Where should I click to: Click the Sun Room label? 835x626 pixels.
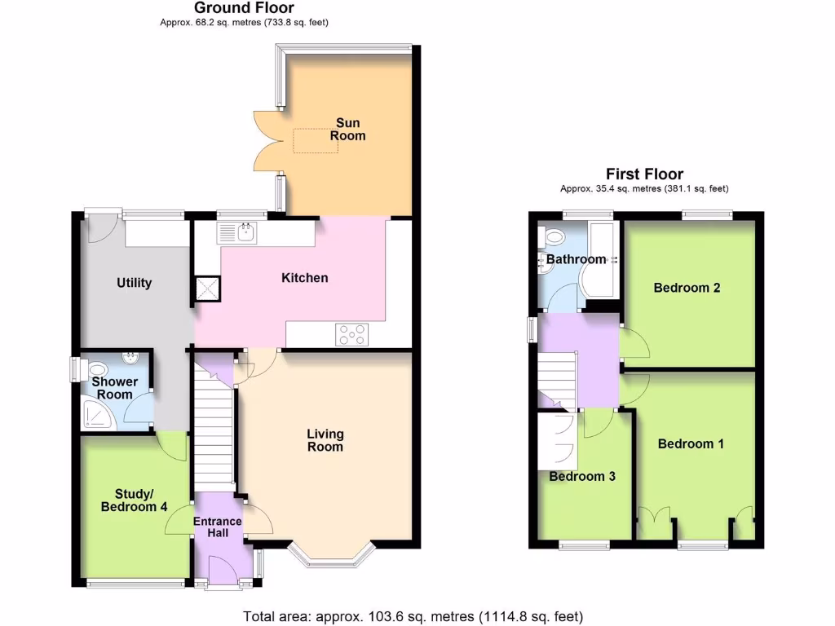[347, 130]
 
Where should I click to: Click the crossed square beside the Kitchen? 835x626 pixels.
[207, 288]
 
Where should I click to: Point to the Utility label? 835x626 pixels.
[134, 283]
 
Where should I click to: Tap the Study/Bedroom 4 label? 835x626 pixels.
[135, 500]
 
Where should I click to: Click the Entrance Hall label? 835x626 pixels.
[217, 527]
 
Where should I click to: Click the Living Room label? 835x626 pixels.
[325, 440]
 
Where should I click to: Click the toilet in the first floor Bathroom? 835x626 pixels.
[554, 237]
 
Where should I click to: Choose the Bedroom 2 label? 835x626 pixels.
[687, 288]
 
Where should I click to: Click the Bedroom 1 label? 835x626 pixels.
[691, 444]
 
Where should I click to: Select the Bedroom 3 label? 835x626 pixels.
[581, 477]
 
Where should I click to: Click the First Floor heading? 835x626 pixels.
[644, 174]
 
